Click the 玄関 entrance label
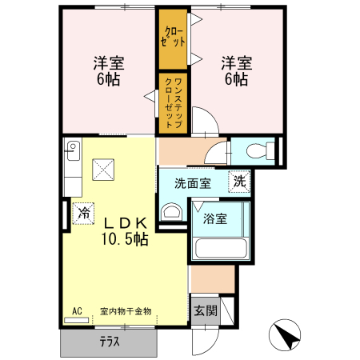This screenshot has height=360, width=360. [x=203, y=310]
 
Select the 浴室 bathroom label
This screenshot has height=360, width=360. [x=214, y=218]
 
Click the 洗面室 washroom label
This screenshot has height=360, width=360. [x=194, y=183]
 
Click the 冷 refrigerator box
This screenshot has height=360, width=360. [x=83, y=213]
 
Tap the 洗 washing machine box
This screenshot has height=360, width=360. [x=239, y=182]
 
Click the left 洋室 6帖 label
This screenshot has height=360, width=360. [x=108, y=70]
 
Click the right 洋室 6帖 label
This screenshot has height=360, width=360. [x=234, y=70]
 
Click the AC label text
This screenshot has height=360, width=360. [x=77, y=310]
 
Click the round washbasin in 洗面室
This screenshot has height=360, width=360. [x=170, y=211]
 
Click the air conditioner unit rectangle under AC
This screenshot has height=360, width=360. [x=78, y=319]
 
